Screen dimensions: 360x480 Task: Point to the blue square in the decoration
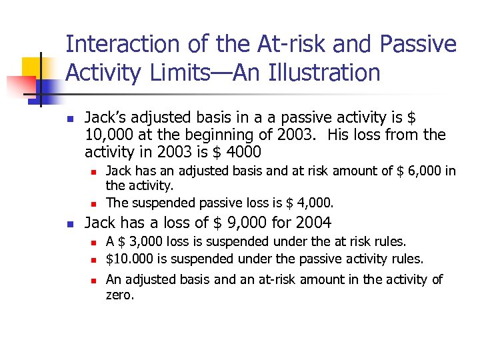(49, 87)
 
